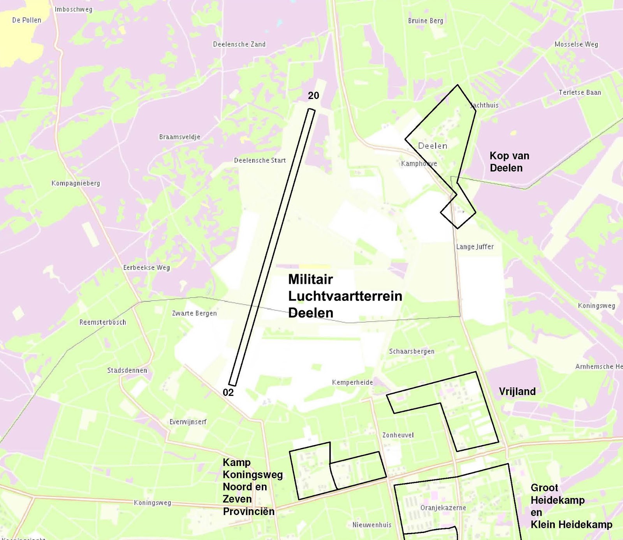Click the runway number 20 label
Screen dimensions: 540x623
(313, 95)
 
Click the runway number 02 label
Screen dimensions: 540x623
(228, 392)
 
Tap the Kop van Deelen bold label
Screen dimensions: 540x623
(509, 162)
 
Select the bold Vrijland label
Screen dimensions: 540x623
(517, 392)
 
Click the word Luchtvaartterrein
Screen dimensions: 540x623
(345, 296)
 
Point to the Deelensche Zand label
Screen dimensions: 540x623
(239, 44)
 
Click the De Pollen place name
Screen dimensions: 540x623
(26, 20)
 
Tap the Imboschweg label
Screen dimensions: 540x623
(74, 9)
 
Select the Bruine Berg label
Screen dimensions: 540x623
(426, 21)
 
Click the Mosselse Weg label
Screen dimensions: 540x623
(576, 44)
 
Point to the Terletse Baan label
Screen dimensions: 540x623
(580, 93)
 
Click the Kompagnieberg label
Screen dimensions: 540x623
(76, 184)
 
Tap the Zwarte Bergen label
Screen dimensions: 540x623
(194, 313)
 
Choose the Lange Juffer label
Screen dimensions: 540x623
(475, 247)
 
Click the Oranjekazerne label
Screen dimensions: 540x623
(443, 508)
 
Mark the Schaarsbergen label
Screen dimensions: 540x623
(412, 351)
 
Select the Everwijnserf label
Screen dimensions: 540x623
(188, 422)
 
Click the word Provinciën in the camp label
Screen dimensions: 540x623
(248, 512)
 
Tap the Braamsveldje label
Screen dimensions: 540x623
(180, 137)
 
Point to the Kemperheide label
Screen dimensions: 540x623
(352, 383)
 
